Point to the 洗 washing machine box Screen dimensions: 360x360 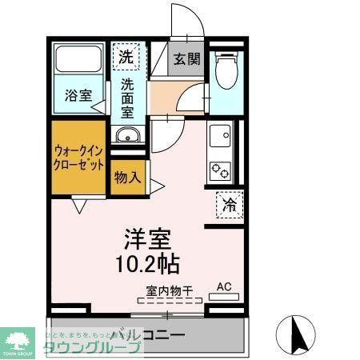(126, 57)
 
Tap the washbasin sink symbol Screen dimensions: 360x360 (126, 134)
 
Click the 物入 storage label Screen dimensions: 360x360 (127, 177)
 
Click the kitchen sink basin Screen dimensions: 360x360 (219, 137)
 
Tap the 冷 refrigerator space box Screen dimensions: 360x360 (230, 205)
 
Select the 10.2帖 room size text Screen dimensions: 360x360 (150, 263)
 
